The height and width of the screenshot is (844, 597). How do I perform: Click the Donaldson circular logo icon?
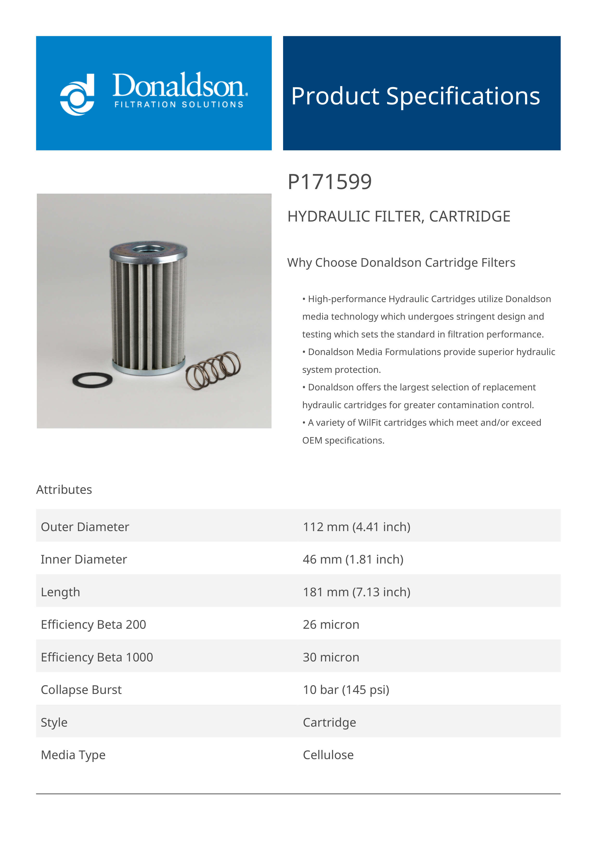pyautogui.click(x=77, y=95)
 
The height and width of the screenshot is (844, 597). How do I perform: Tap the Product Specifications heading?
pyautogui.click(x=415, y=96)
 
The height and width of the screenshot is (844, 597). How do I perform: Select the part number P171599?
pyautogui.click(x=330, y=182)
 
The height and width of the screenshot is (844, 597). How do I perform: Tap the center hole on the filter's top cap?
pyautogui.click(x=149, y=248)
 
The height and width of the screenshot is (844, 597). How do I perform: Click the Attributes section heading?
pyautogui.click(x=64, y=490)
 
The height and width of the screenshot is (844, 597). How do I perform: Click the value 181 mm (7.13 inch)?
pyautogui.click(x=357, y=592)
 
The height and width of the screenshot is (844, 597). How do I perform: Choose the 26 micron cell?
pyautogui.click(x=331, y=625)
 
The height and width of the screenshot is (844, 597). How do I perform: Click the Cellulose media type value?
pyautogui.click(x=328, y=755)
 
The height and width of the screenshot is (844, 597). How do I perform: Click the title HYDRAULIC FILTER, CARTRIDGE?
pyautogui.click(x=399, y=216)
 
